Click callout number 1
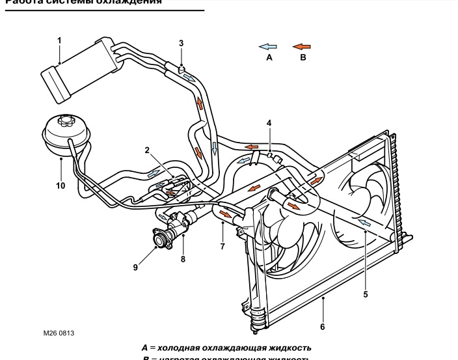(59, 40)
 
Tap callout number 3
(182, 44)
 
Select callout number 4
(269, 122)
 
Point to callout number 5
(366, 295)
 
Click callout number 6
(323, 326)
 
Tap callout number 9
(136, 267)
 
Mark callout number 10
(61, 185)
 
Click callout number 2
(148, 150)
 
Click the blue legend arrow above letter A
(268, 47)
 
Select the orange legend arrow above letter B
(302, 47)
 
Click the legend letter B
(301, 58)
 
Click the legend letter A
(269, 58)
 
